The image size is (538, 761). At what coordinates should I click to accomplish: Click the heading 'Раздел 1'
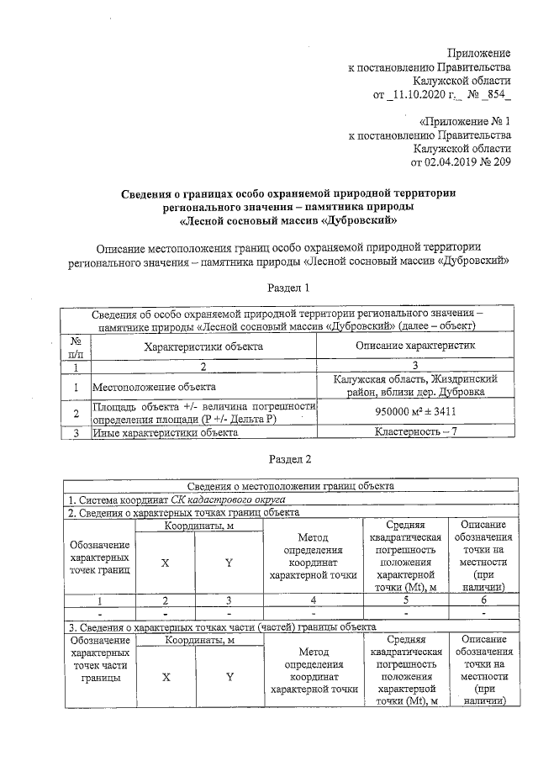(289, 288)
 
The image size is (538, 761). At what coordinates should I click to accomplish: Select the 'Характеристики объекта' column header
(203, 346)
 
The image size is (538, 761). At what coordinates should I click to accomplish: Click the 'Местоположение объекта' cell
(150, 388)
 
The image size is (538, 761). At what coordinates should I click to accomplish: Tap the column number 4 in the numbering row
(313, 600)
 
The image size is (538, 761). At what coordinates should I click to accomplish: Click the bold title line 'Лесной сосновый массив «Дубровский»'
(289, 221)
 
